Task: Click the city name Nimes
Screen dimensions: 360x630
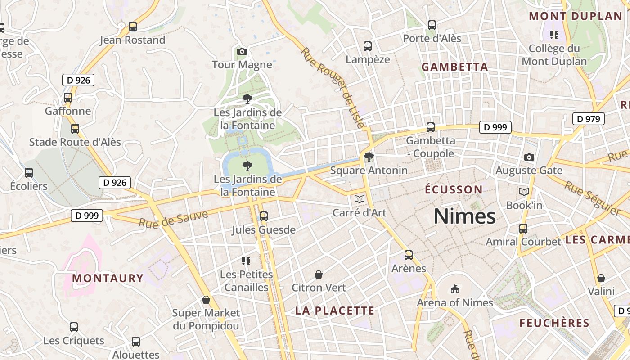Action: pyautogui.click(x=464, y=216)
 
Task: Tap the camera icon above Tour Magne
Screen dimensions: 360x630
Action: pyautogui.click(x=242, y=52)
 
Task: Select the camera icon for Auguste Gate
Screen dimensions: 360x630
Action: pyautogui.click(x=529, y=157)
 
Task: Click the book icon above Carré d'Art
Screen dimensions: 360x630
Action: pyautogui.click(x=359, y=199)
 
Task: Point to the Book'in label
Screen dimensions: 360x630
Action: pyautogui.click(x=524, y=205)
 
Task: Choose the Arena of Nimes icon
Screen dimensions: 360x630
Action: pyautogui.click(x=455, y=289)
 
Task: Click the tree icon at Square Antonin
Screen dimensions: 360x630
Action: pyautogui.click(x=369, y=157)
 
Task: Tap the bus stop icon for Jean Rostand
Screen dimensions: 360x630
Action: pyautogui.click(x=133, y=27)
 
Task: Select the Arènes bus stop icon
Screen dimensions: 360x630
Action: pyautogui.click(x=409, y=255)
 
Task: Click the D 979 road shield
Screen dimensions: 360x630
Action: pyautogui.click(x=588, y=119)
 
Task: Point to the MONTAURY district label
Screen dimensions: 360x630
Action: pyautogui.click(x=108, y=278)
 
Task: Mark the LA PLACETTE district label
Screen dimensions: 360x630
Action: pyautogui.click(x=335, y=310)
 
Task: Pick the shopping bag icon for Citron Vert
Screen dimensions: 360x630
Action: pyautogui.click(x=319, y=274)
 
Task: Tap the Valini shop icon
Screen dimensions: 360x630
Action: pyautogui.click(x=601, y=278)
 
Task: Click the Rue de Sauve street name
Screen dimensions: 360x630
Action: pyautogui.click(x=173, y=218)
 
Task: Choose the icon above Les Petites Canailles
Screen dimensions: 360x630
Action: pyautogui.click(x=246, y=261)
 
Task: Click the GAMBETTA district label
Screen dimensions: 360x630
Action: pyautogui.click(x=454, y=67)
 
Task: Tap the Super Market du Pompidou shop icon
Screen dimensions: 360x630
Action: pyautogui.click(x=206, y=300)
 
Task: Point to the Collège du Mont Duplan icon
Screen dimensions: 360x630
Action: pyautogui.click(x=554, y=35)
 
